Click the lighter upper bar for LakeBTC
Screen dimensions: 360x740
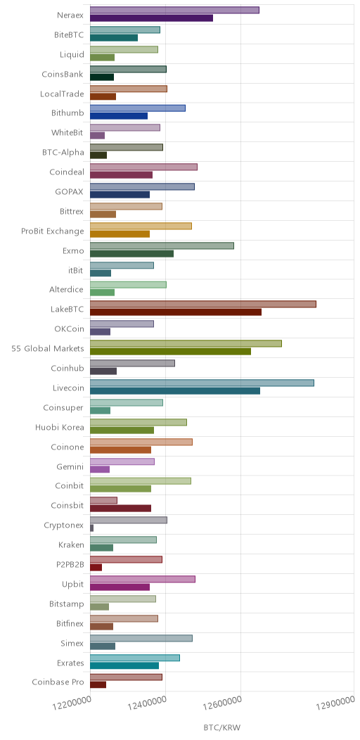click(x=203, y=304)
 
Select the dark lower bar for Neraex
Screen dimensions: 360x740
click(x=151, y=18)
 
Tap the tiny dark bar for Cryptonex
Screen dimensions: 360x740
click(x=91, y=528)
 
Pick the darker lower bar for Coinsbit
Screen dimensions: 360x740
click(x=120, y=509)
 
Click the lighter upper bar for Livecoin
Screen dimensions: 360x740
click(x=202, y=383)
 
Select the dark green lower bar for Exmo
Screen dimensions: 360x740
click(x=131, y=254)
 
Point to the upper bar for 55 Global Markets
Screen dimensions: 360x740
click(x=186, y=343)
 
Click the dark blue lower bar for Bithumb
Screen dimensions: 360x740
click(x=118, y=116)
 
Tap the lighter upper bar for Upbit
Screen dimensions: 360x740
click(x=143, y=579)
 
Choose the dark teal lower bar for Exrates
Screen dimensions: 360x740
click(x=124, y=666)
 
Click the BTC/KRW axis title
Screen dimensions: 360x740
click(x=221, y=728)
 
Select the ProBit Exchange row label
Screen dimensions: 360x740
click(x=52, y=231)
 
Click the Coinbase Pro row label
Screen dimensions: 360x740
click(x=58, y=682)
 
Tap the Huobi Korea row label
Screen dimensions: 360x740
click(x=60, y=428)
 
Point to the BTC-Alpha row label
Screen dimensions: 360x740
click(x=63, y=152)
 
